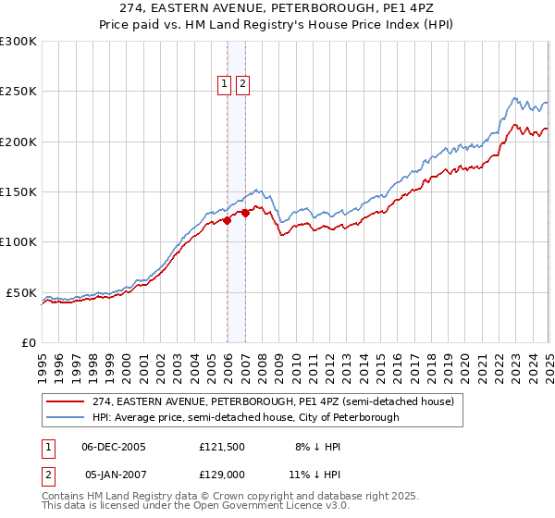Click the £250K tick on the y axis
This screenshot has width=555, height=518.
18,92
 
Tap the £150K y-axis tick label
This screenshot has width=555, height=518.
18,191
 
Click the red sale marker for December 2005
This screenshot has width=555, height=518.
227,220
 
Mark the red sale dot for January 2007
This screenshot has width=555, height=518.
245,213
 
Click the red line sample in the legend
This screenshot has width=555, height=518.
65,402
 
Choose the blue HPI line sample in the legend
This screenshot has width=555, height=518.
65,417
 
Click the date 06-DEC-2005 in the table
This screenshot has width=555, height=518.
115,446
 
